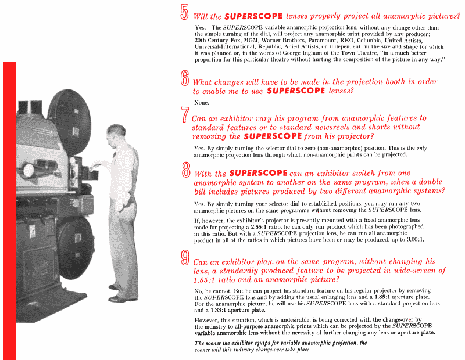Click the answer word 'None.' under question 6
pos(202,102)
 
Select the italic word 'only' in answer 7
pos(422,148)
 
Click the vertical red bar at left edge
pos(9,209)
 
